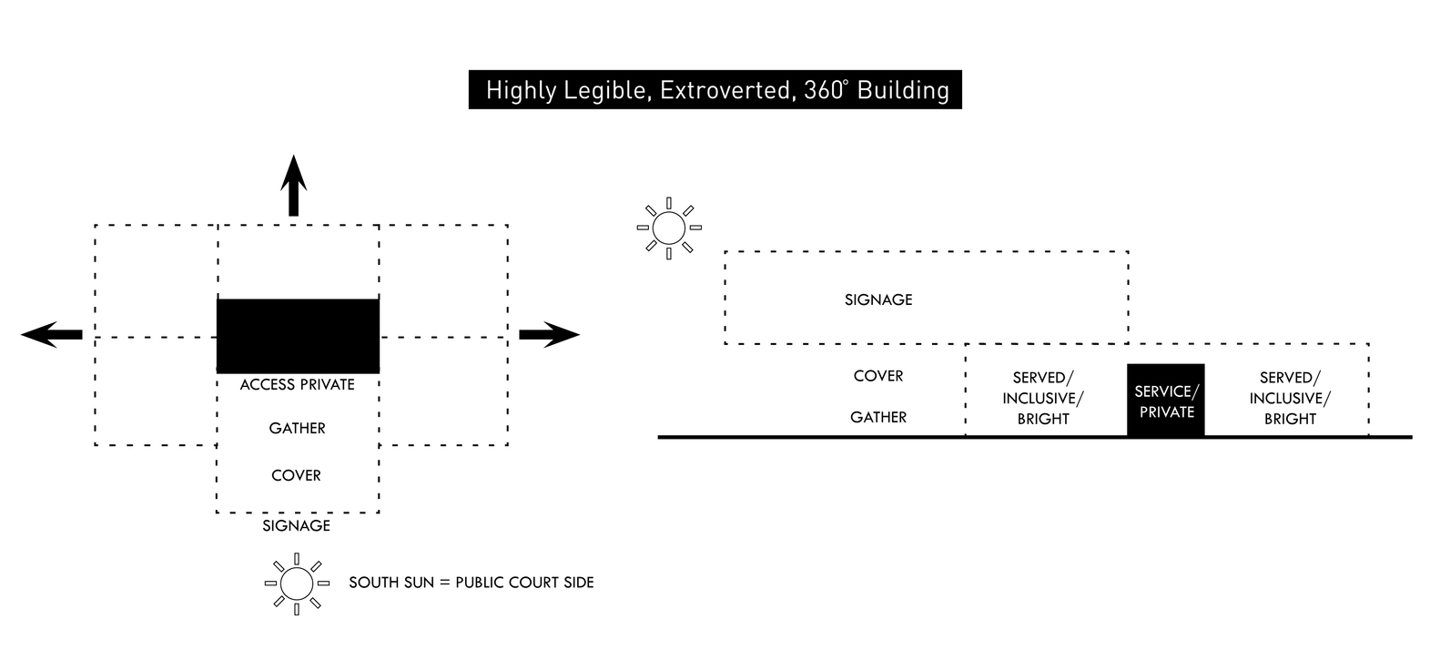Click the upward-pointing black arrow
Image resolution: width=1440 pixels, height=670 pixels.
pos(294,185)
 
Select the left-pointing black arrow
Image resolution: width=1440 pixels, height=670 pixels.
pos(51,334)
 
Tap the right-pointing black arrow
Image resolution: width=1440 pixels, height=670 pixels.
pos(550,334)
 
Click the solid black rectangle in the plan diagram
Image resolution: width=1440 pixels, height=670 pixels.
pos(298,336)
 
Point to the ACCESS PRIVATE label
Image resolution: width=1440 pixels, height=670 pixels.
pos(298,384)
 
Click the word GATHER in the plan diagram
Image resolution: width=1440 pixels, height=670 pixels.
pos(297,428)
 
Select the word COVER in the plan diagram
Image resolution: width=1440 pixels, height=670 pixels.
pos(296,476)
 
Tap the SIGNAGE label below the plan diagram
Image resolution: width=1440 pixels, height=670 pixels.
pos(297,526)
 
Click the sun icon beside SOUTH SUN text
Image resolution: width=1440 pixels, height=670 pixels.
pos(297,584)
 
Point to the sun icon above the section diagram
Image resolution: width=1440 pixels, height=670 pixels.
pos(669,228)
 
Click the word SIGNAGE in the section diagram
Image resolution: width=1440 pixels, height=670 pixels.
pos(878,299)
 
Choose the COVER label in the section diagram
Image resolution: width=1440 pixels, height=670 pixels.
pos(878,376)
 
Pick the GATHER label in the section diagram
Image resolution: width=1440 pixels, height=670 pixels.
pos(878,417)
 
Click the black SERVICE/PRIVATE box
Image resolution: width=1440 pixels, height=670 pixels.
pos(1166,401)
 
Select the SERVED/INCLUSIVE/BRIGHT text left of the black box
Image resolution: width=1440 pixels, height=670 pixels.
pos(1043,399)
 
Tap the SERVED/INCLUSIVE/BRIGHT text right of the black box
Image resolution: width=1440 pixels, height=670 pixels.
pos(1290,399)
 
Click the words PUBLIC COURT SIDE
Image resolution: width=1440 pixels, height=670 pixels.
pos(524,583)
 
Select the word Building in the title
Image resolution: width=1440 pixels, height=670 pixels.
pos(903,90)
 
